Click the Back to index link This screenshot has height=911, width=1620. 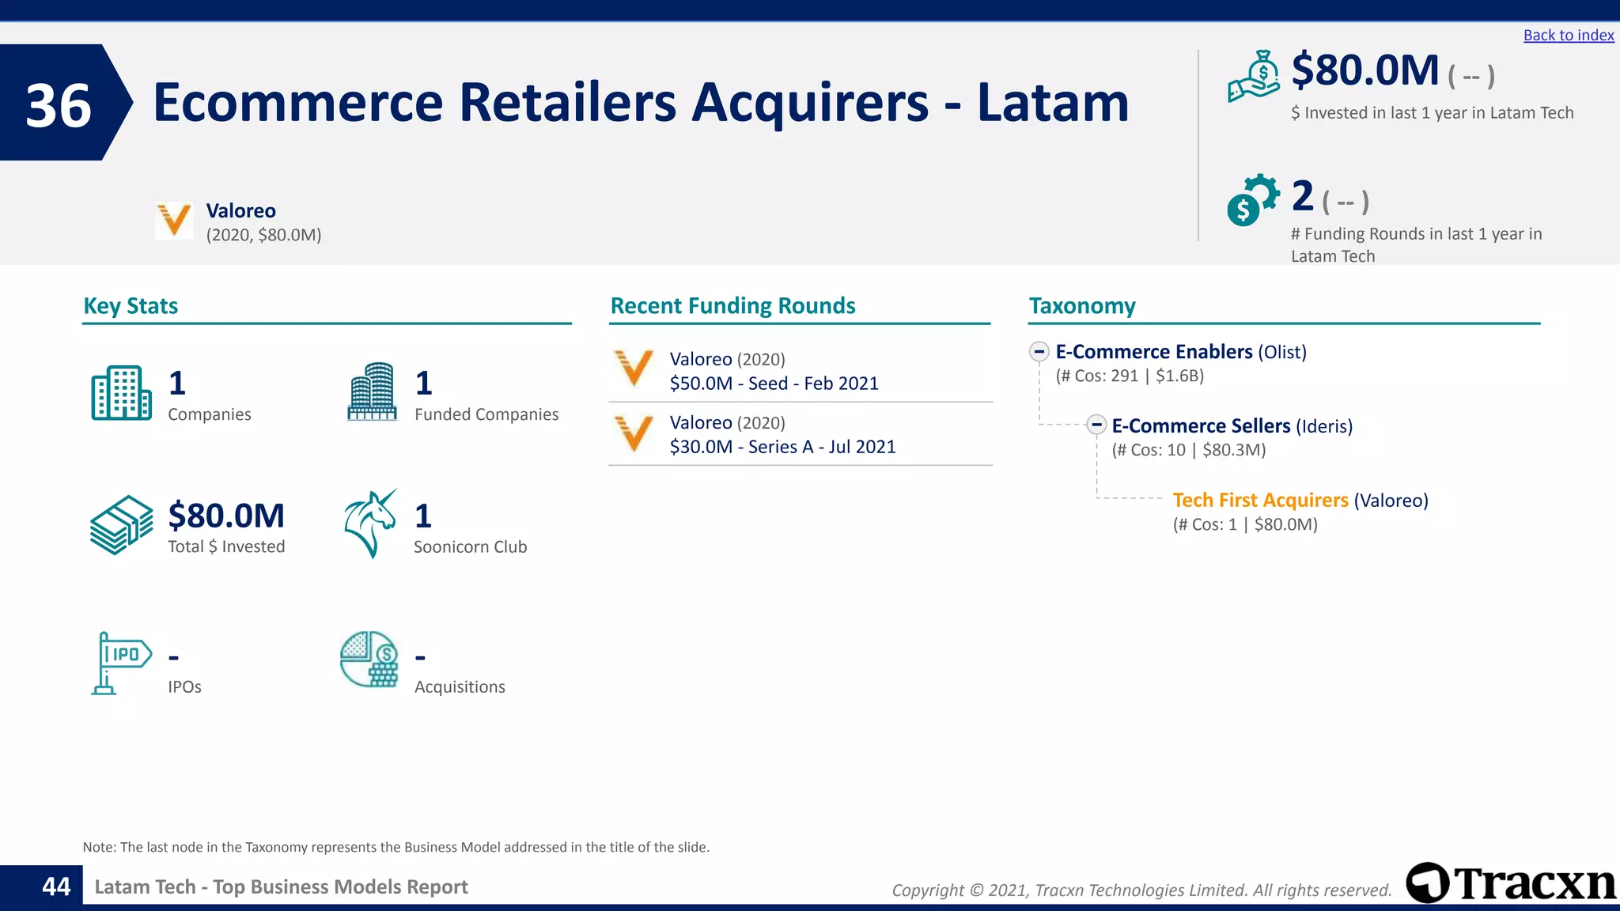click(1568, 36)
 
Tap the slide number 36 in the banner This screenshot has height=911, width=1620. click(59, 105)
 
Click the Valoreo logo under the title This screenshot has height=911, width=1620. click(174, 220)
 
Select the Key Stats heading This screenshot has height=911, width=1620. click(131, 306)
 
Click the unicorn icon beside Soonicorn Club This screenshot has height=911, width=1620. click(370, 524)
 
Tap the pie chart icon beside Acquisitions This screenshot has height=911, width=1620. click(369, 659)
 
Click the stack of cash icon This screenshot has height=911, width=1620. click(121, 525)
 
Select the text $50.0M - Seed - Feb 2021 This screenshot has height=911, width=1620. click(774, 384)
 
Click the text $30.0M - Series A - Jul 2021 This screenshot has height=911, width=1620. click(782, 447)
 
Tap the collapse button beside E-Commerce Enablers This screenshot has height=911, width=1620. click(1039, 352)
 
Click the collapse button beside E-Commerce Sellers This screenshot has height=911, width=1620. click(1096, 425)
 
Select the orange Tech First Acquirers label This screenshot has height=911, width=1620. click(1260, 501)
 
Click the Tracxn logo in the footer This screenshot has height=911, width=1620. click(1511, 883)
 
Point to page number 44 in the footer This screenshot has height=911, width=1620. click(56, 886)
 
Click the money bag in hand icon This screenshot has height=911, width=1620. click(1254, 77)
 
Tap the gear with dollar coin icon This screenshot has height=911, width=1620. click(1253, 199)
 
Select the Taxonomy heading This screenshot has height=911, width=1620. click(1081, 306)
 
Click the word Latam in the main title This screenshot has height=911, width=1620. click(1053, 103)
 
